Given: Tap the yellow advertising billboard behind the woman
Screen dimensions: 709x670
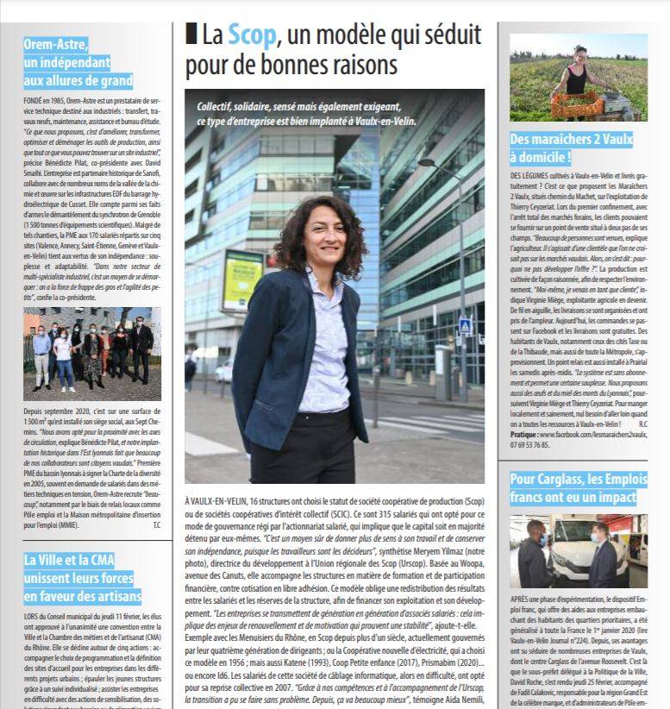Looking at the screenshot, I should pos(243,279).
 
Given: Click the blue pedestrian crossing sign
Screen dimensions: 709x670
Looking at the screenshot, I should pos(466,326).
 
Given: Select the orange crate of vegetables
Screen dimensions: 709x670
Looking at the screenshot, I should pos(578,104).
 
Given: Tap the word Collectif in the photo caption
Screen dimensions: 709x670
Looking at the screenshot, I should pos(218,105).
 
